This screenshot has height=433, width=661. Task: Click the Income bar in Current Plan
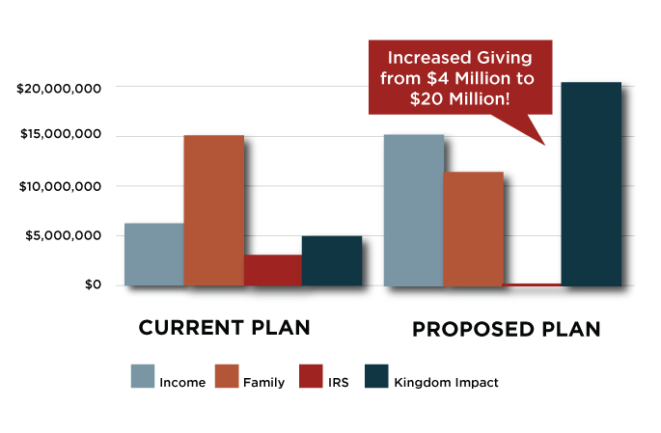154,255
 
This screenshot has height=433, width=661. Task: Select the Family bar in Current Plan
213,210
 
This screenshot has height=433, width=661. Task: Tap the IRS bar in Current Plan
273,270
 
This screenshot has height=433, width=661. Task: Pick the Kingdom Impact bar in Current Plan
332,260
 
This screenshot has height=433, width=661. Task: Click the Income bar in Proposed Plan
414,210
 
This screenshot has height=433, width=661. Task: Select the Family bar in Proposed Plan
473,229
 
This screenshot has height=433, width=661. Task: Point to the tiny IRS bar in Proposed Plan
532,284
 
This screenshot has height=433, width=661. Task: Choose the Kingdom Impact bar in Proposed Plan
591,184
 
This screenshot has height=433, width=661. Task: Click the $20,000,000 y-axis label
60,89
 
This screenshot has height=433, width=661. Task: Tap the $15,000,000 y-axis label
60,136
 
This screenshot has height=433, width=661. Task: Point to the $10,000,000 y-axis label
60,186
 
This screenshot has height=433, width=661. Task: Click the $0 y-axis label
91,285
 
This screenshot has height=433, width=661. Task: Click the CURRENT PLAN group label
224,327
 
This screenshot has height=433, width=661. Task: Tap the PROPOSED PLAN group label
507,329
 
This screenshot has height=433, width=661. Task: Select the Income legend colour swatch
143,377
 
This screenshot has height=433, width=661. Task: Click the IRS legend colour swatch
313,377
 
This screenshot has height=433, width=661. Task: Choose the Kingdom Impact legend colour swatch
375,377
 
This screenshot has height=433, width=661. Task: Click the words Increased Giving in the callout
458,56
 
